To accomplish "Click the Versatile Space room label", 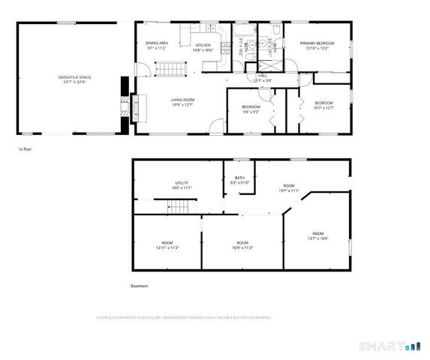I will point(70,79).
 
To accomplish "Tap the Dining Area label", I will point(157,46).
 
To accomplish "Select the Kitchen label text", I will point(203,48).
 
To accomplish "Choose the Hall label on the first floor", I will point(263,77).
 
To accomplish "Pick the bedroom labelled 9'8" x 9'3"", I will point(251,109).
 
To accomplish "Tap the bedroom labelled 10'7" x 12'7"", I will point(323,104).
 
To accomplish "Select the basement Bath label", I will point(240,180).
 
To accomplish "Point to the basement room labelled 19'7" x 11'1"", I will point(289,187).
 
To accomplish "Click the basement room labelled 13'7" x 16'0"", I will point(318,235).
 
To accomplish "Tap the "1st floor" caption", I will point(25,149).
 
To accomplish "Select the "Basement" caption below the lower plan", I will point(140,286).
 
